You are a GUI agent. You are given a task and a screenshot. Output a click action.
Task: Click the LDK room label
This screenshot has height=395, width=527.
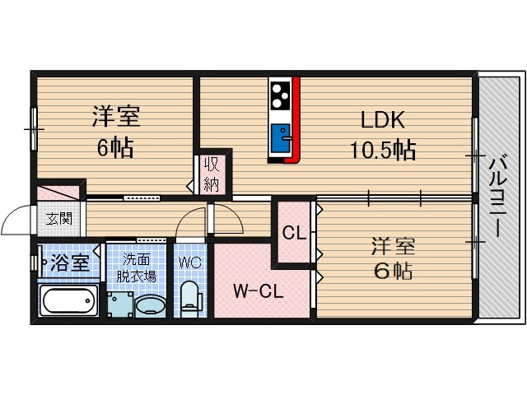tap(381, 120)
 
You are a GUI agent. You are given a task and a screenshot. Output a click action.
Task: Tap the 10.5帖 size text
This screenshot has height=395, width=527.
tap(380, 150)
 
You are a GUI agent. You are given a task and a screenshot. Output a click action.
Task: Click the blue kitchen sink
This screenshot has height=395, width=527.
tap(282, 134)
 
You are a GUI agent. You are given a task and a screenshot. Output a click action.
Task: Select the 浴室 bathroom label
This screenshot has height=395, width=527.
tap(70, 263)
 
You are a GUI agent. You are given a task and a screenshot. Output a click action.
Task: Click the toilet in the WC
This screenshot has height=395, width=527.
tap(191, 298)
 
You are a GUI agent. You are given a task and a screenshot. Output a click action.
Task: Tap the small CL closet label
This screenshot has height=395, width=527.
tap(294, 232)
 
